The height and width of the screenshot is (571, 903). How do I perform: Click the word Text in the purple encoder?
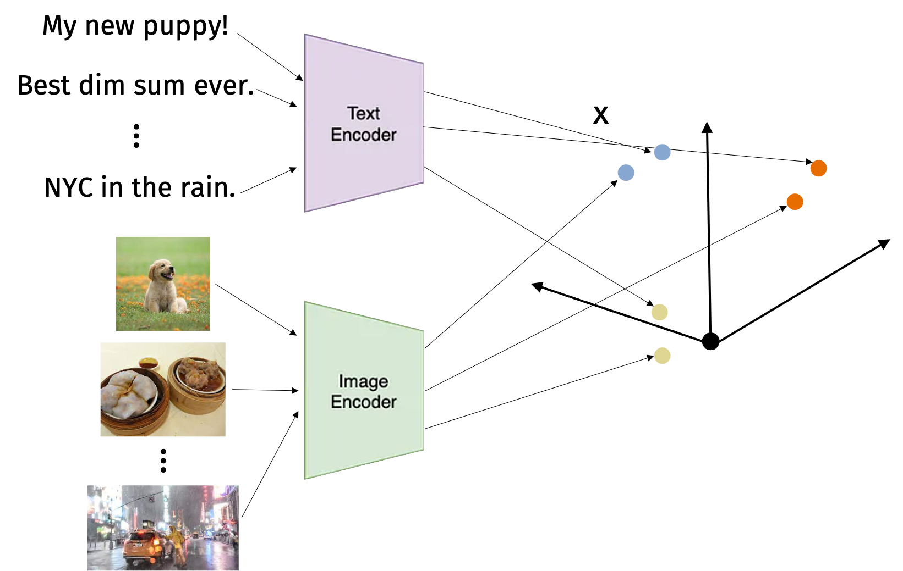pyautogui.click(x=363, y=113)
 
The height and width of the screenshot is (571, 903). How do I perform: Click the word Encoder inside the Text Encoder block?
pyautogui.click(x=363, y=135)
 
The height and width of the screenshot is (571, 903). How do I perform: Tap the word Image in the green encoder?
pyautogui.click(x=363, y=381)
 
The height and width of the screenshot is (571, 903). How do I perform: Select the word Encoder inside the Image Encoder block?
pyautogui.click(x=363, y=402)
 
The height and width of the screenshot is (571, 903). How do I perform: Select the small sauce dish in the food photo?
pyautogui.click(x=149, y=363)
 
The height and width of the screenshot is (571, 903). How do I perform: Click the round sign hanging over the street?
pyautogui.click(x=151, y=499)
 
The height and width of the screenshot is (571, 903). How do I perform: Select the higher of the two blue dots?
pyautogui.click(x=662, y=152)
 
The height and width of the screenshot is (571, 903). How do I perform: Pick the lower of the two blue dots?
pyautogui.click(x=626, y=173)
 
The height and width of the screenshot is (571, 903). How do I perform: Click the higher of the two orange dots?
pyautogui.click(x=818, y=168)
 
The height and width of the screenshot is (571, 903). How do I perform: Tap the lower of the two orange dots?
pyautogui.click(x=795, y=202)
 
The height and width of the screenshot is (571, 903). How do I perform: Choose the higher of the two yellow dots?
pyautogui.click(x=659, y=312)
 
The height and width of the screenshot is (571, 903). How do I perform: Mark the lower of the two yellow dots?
pyautogui.click(x=662, y=356)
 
